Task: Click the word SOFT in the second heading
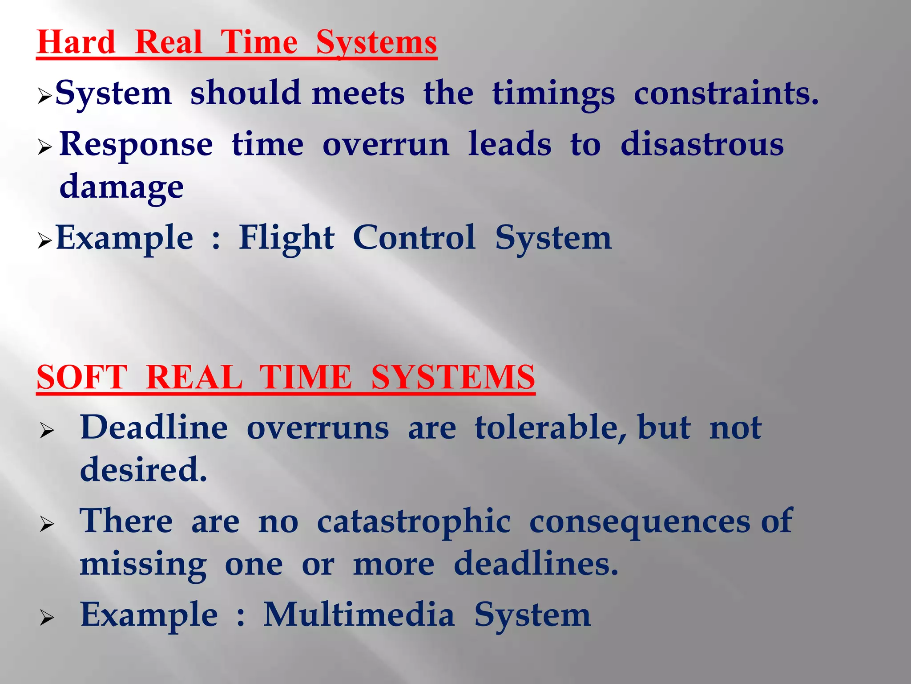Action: [82, 377]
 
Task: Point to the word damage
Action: [121, 187]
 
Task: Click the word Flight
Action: [286, 238]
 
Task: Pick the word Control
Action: [414, 238]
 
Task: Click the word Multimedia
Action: [359, 615]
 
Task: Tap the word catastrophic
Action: [414, 521]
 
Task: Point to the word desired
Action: [143, 470]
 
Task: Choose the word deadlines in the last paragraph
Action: [536, 564]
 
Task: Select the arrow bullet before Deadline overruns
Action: [47, 431]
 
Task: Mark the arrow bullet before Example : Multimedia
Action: [47, 618]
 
